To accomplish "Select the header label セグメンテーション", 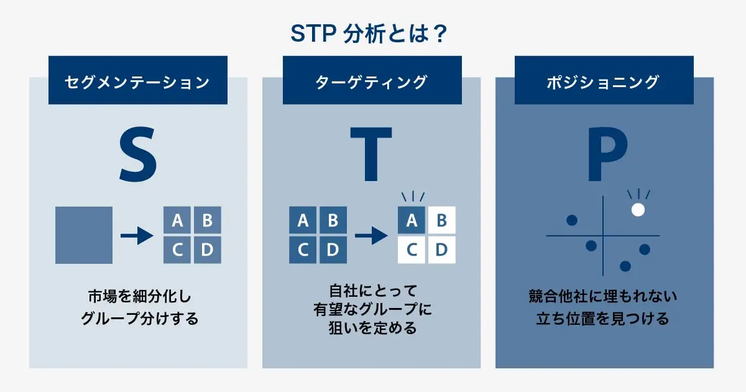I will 137,82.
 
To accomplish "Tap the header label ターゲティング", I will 372,82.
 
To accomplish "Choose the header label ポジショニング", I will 604,82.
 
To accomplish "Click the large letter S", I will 137,154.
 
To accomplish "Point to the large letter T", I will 371,154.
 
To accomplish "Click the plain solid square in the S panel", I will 84,235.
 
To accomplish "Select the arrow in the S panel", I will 137,235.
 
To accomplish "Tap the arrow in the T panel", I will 371,235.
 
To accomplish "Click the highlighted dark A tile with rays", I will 411,220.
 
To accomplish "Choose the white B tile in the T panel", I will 441,220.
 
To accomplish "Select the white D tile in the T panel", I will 441,250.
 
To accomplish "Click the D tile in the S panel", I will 207,250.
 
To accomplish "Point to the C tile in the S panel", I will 177,250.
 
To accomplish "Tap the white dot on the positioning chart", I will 638,210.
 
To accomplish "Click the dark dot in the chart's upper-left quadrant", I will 572,220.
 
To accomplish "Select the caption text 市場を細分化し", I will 137,296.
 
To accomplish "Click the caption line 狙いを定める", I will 372,328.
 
